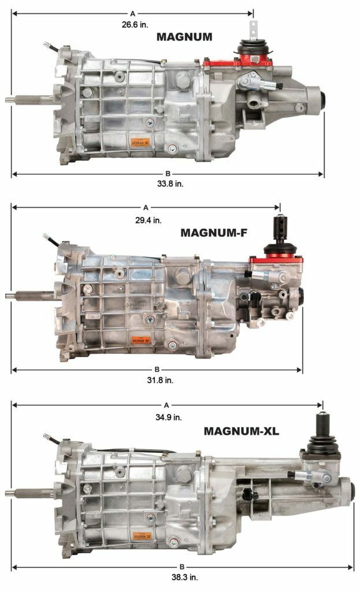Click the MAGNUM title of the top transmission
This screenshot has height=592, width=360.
(184, 37)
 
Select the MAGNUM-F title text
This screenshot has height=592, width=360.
(213, 232)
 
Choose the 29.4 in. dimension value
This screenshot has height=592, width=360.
(149, 220)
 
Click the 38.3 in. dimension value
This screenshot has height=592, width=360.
(181, 577)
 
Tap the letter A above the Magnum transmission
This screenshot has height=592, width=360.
(132, 12)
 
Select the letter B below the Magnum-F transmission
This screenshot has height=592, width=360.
(156, 369)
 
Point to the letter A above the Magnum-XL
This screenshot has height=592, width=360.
(167, 405)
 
